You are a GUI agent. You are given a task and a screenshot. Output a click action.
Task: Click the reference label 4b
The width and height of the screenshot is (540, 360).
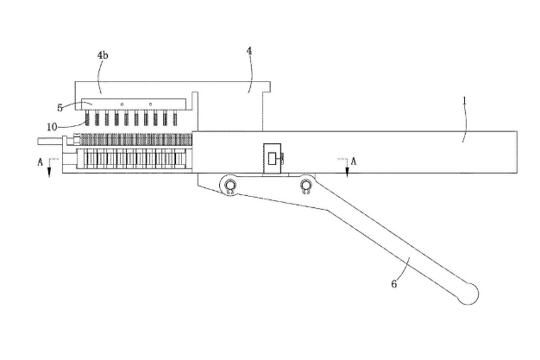tap(103, 55)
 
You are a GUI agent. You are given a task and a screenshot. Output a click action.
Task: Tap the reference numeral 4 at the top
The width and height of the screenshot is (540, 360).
tap(249, 51)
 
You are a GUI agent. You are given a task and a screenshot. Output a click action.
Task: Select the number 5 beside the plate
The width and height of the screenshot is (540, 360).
tap(60, 108)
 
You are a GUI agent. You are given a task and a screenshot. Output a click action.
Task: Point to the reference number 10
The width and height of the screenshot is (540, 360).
tap(52, 127)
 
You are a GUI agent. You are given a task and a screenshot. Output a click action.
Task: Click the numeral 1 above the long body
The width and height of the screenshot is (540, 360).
tap(464, 101)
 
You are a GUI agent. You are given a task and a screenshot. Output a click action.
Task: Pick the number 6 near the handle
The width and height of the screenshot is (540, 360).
tap(394, 284)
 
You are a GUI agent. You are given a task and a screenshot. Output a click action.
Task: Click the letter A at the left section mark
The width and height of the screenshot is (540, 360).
tap(40, 162)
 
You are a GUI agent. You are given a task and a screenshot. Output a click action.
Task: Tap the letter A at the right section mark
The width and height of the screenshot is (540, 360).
tap(354, 161)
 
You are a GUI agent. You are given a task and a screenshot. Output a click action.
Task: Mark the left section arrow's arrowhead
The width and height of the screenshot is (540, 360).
tap(49, 172)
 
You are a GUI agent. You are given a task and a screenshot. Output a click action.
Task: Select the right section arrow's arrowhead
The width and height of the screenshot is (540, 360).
tap(347, 172)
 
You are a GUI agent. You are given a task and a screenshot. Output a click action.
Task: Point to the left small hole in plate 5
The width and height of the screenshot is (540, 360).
tap(122, 104)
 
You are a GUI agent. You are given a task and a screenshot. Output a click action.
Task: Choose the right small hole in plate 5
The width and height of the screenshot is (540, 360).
tap(150, 104)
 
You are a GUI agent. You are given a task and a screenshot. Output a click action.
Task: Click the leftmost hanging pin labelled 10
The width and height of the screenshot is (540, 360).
tap(87, 118)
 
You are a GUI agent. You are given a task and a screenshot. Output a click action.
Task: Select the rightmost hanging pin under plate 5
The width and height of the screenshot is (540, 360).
tap(175, 118)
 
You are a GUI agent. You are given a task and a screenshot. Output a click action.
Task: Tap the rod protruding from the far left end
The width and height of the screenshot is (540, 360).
tap(50, 141)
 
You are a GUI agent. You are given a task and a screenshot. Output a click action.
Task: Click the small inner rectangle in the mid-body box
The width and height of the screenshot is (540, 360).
tap(273, 159)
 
